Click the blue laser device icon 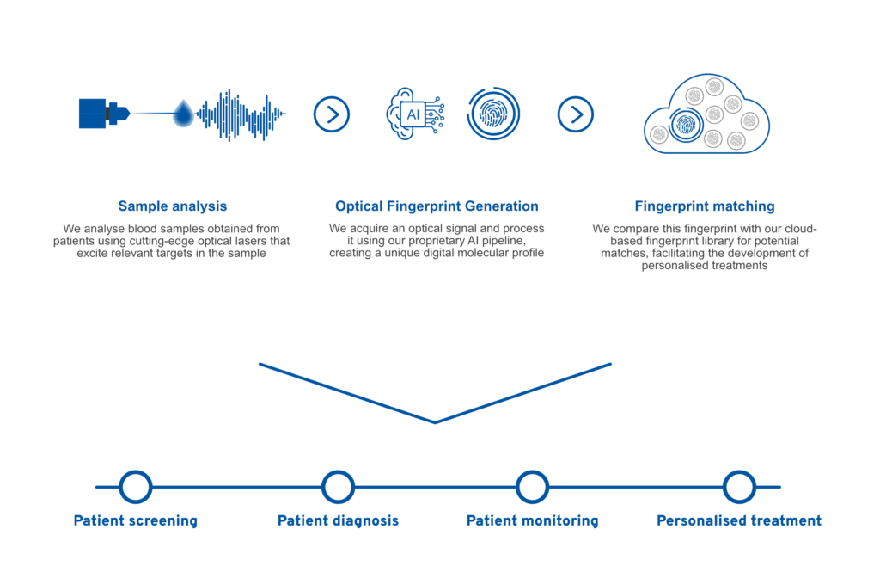click(x=104, y=114)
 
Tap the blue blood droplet click(x=183, y=114)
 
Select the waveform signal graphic click(x=241, y=114)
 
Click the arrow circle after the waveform click(x=332, y=114)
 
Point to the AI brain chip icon click(x=415, y=114)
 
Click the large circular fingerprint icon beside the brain click(x=493, y=114)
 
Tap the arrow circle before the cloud click(x=575, y=114)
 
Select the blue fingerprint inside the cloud click(x=685, y=125)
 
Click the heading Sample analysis click(x=172, y=206)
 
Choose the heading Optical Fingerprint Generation click(x=437, y=206)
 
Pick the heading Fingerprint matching click(x=705, y=206)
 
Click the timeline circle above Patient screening click(x=136, y=487)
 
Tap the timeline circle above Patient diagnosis click(x=338, y=487)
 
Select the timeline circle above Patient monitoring click(x=532, y=487)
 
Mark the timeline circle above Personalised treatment click(x=739, y=487)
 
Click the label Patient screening click(x=136, y=520)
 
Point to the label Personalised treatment click(x=739, y=520)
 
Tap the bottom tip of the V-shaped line click(x=435, y=422)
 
